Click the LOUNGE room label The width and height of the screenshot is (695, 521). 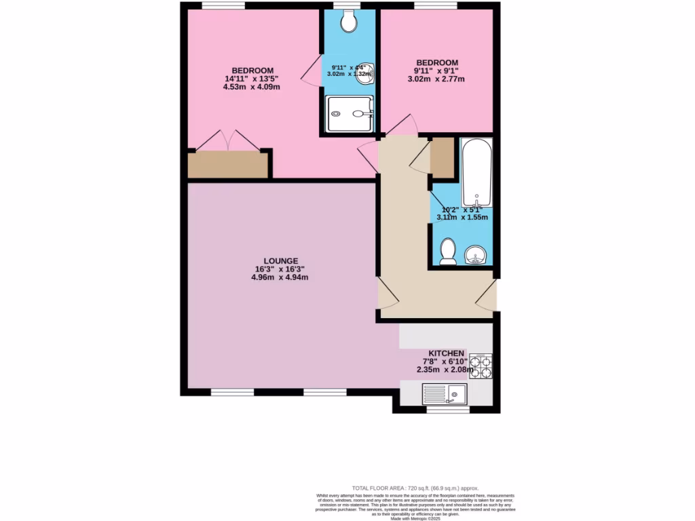pos(281,260)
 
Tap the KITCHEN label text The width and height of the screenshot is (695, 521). pos(443,353)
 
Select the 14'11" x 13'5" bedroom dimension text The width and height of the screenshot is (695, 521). pos(252,79)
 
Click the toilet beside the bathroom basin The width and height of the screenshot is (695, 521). pos(447,252)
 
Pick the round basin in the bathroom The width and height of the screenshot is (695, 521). pos(477,255)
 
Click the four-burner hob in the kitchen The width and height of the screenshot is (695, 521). pos(481,366)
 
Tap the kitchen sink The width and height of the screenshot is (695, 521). pos(445,394)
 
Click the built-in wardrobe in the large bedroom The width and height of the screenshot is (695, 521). pos(229,165)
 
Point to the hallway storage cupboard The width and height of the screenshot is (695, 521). pos(443,157)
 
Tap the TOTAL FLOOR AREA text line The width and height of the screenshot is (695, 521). pos(415,488)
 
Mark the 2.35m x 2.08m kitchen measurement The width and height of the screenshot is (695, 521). pos(444,370)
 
